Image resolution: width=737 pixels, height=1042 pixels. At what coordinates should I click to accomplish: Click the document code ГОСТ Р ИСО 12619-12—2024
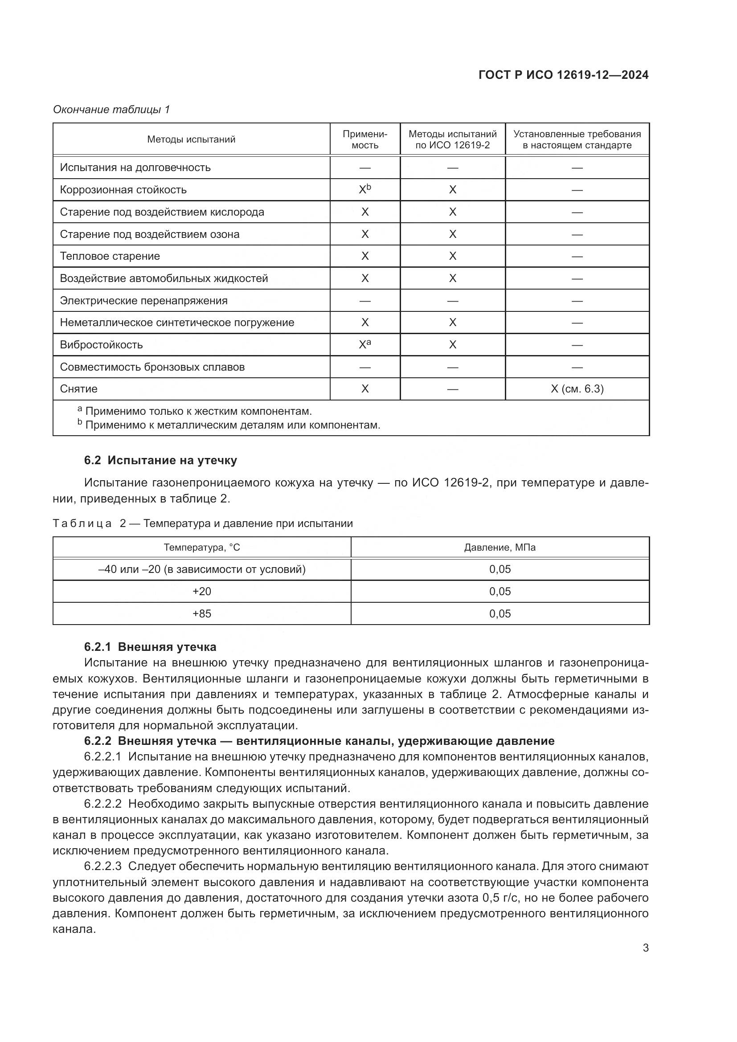[563, 75]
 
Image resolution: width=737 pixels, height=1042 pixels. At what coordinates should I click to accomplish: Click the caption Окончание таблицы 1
[111, 110]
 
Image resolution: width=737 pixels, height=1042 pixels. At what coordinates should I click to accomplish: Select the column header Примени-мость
[365, 139]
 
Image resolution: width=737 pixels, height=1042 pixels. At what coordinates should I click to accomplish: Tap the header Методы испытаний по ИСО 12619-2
[452, 139]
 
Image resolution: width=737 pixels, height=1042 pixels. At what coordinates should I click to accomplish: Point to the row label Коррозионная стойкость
[123, 190]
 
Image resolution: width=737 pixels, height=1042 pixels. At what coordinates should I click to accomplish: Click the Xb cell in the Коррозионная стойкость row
[365, 189]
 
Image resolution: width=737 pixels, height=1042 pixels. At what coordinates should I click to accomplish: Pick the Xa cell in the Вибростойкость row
[365, 344]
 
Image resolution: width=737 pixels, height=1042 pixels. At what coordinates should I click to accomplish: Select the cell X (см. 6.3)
[577, 389]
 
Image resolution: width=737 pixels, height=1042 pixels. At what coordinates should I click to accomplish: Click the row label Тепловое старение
[110, 256]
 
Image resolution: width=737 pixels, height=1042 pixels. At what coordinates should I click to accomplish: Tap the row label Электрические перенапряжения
[143, 300]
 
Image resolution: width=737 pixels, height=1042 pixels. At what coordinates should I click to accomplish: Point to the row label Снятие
[78, 389]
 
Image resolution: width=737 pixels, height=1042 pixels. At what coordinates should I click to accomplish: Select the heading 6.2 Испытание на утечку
[160, 460]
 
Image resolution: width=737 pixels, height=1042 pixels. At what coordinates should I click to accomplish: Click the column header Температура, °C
[201, 548]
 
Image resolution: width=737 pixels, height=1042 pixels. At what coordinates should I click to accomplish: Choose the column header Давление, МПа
[500, 548]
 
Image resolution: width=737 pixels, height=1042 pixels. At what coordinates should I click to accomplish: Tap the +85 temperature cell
[201, 613]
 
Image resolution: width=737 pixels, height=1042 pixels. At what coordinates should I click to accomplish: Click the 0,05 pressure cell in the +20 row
[500, 591]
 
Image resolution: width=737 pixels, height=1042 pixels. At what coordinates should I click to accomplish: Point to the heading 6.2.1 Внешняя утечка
[150, 647]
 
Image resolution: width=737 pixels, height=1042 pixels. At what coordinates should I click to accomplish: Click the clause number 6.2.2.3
[102, 866]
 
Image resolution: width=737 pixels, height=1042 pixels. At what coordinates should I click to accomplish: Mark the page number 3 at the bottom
[645, 948]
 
